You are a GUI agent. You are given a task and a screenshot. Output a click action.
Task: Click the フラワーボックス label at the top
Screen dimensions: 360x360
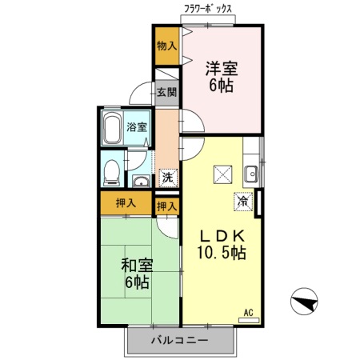tap(208, 9)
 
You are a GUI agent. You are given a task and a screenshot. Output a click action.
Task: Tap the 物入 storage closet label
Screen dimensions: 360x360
tap(166, 46)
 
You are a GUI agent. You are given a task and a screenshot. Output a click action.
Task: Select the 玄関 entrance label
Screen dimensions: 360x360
tap(166, 92)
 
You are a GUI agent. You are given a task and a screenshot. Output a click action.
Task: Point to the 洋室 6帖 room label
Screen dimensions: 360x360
tap(222, 77)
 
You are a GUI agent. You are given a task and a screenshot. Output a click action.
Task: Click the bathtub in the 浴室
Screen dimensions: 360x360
tap(112, 128)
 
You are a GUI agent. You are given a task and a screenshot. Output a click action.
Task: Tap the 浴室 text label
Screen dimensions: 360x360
tap(137, 127)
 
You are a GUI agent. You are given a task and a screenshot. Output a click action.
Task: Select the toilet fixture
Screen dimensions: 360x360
tap(111, 173)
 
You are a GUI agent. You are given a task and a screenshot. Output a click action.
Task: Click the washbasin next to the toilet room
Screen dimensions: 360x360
tap(141, 182)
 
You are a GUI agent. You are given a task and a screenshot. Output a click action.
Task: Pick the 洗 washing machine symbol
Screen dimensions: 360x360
tap(168, 178)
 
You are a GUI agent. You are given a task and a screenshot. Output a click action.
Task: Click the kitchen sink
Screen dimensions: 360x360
tap(251, 174)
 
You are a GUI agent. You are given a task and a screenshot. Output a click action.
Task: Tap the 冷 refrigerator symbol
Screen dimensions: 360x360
tap(243, 202)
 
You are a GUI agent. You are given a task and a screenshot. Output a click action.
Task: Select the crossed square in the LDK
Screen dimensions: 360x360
tap(222, 174)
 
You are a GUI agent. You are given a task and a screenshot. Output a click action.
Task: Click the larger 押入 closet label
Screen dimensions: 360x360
tap(126, 203)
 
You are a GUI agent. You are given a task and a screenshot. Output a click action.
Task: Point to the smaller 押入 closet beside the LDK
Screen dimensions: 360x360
tap(167, 206)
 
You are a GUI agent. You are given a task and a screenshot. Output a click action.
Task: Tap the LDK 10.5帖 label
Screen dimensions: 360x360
tap(222, 244)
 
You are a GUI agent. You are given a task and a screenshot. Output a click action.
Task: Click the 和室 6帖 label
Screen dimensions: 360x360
tap(137, 274)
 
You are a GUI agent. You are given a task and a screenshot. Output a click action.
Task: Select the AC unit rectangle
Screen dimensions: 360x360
tap(249, 320)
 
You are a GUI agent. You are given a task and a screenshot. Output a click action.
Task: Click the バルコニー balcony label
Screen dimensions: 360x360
tap(180, 340)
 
